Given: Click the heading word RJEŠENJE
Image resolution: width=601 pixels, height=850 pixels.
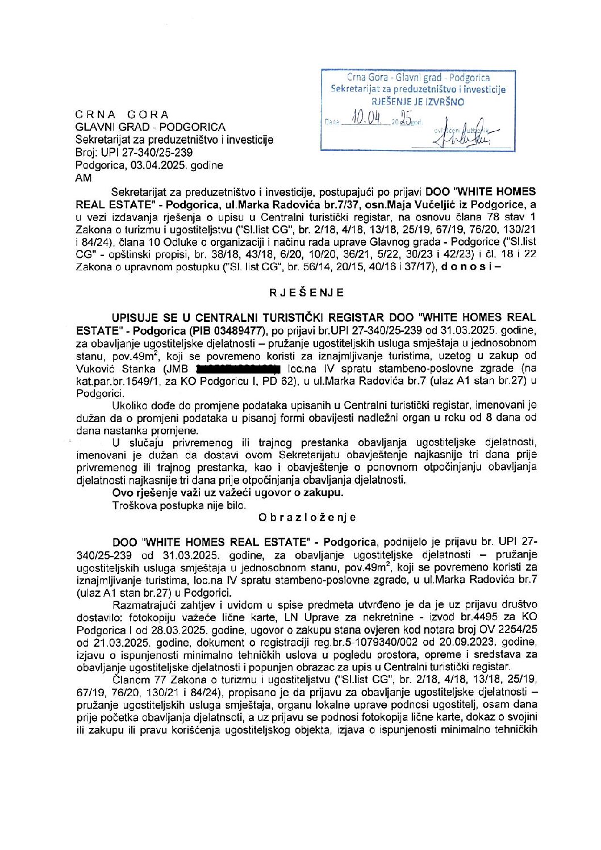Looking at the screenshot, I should [307, 293].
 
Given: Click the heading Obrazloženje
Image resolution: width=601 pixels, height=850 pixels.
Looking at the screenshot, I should [307, 517].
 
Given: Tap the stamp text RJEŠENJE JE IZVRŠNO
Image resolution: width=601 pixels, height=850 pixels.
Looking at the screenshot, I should [418, 102].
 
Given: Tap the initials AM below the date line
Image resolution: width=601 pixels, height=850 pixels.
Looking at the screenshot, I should [84, 178].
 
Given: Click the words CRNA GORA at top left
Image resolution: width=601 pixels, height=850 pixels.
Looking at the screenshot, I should [122, 115].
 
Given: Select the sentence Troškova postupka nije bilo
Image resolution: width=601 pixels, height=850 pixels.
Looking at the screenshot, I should [180, 505].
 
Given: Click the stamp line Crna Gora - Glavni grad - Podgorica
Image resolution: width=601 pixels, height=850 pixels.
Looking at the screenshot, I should [418, 78].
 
